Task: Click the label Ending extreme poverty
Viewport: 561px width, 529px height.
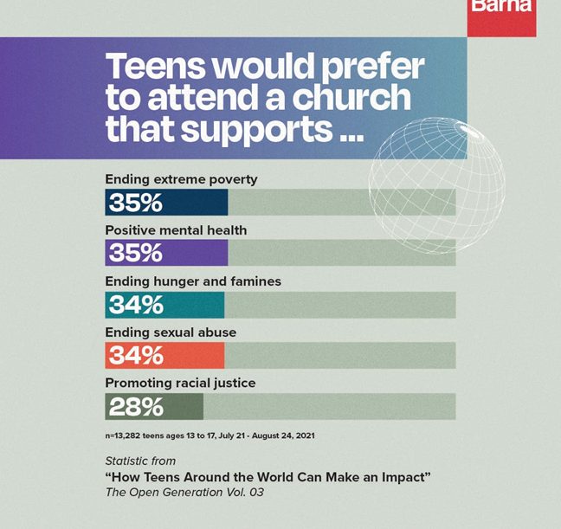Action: pyautogui.click(x=181, y=179)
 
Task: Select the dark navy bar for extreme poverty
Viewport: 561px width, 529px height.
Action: pyautogui.click(x=166, y=202)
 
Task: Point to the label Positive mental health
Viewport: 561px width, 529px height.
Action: pyautogui.click(x=176, y=230)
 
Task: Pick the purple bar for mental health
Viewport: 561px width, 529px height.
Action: pyautogui.click(x=166, y=253)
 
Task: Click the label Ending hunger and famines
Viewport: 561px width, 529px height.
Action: pyautogui.click(x=193, y=281)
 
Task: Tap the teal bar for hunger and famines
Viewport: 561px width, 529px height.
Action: pyautogui.click(x=164, y=305)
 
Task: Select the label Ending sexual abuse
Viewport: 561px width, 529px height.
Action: pyautogui.click(x=171, y=332)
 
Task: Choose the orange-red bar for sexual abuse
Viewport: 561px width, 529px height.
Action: pyautogui.click(x=164, y=356)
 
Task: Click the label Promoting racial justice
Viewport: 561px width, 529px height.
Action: pyautogui.click(x=180, y=383)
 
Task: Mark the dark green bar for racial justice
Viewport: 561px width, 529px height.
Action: pyautogui.click(x=154, y=406)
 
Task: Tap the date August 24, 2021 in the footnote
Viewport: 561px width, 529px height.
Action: pyautogui.click(x=285, y=435)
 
